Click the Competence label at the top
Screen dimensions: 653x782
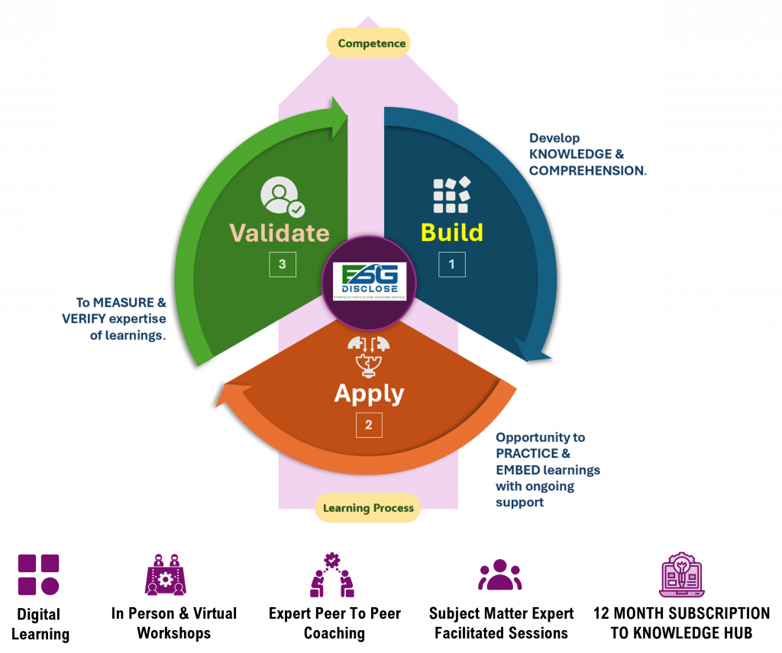pyautogui.click(x=368, y=43)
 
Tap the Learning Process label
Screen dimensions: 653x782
pyautogui.click(x=368, y=508)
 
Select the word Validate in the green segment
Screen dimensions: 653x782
pyautogui.click(x=280, y=233)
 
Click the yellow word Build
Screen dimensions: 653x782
pyautogui.click(x=452, y=232)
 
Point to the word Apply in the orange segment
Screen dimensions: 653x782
pyautogui.click(x=369, y=394)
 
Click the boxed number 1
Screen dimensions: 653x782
pyautogui.click(x=451, y=264)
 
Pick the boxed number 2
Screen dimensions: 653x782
pyautogui.click(x=369, y=425)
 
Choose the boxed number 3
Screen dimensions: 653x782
pyautogui.click(x=283, y=264)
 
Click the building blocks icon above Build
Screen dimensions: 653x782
pyautogui.click(x=451, y=195)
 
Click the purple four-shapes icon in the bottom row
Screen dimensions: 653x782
pyautogui.click(x=39, y=574)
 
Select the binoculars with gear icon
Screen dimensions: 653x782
pyautogui.click(x=166, y=575)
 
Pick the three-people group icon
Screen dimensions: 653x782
pyautogui.click(x=499, y=575)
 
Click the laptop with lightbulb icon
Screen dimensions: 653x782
pyautogui.click(x=681, y=574)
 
